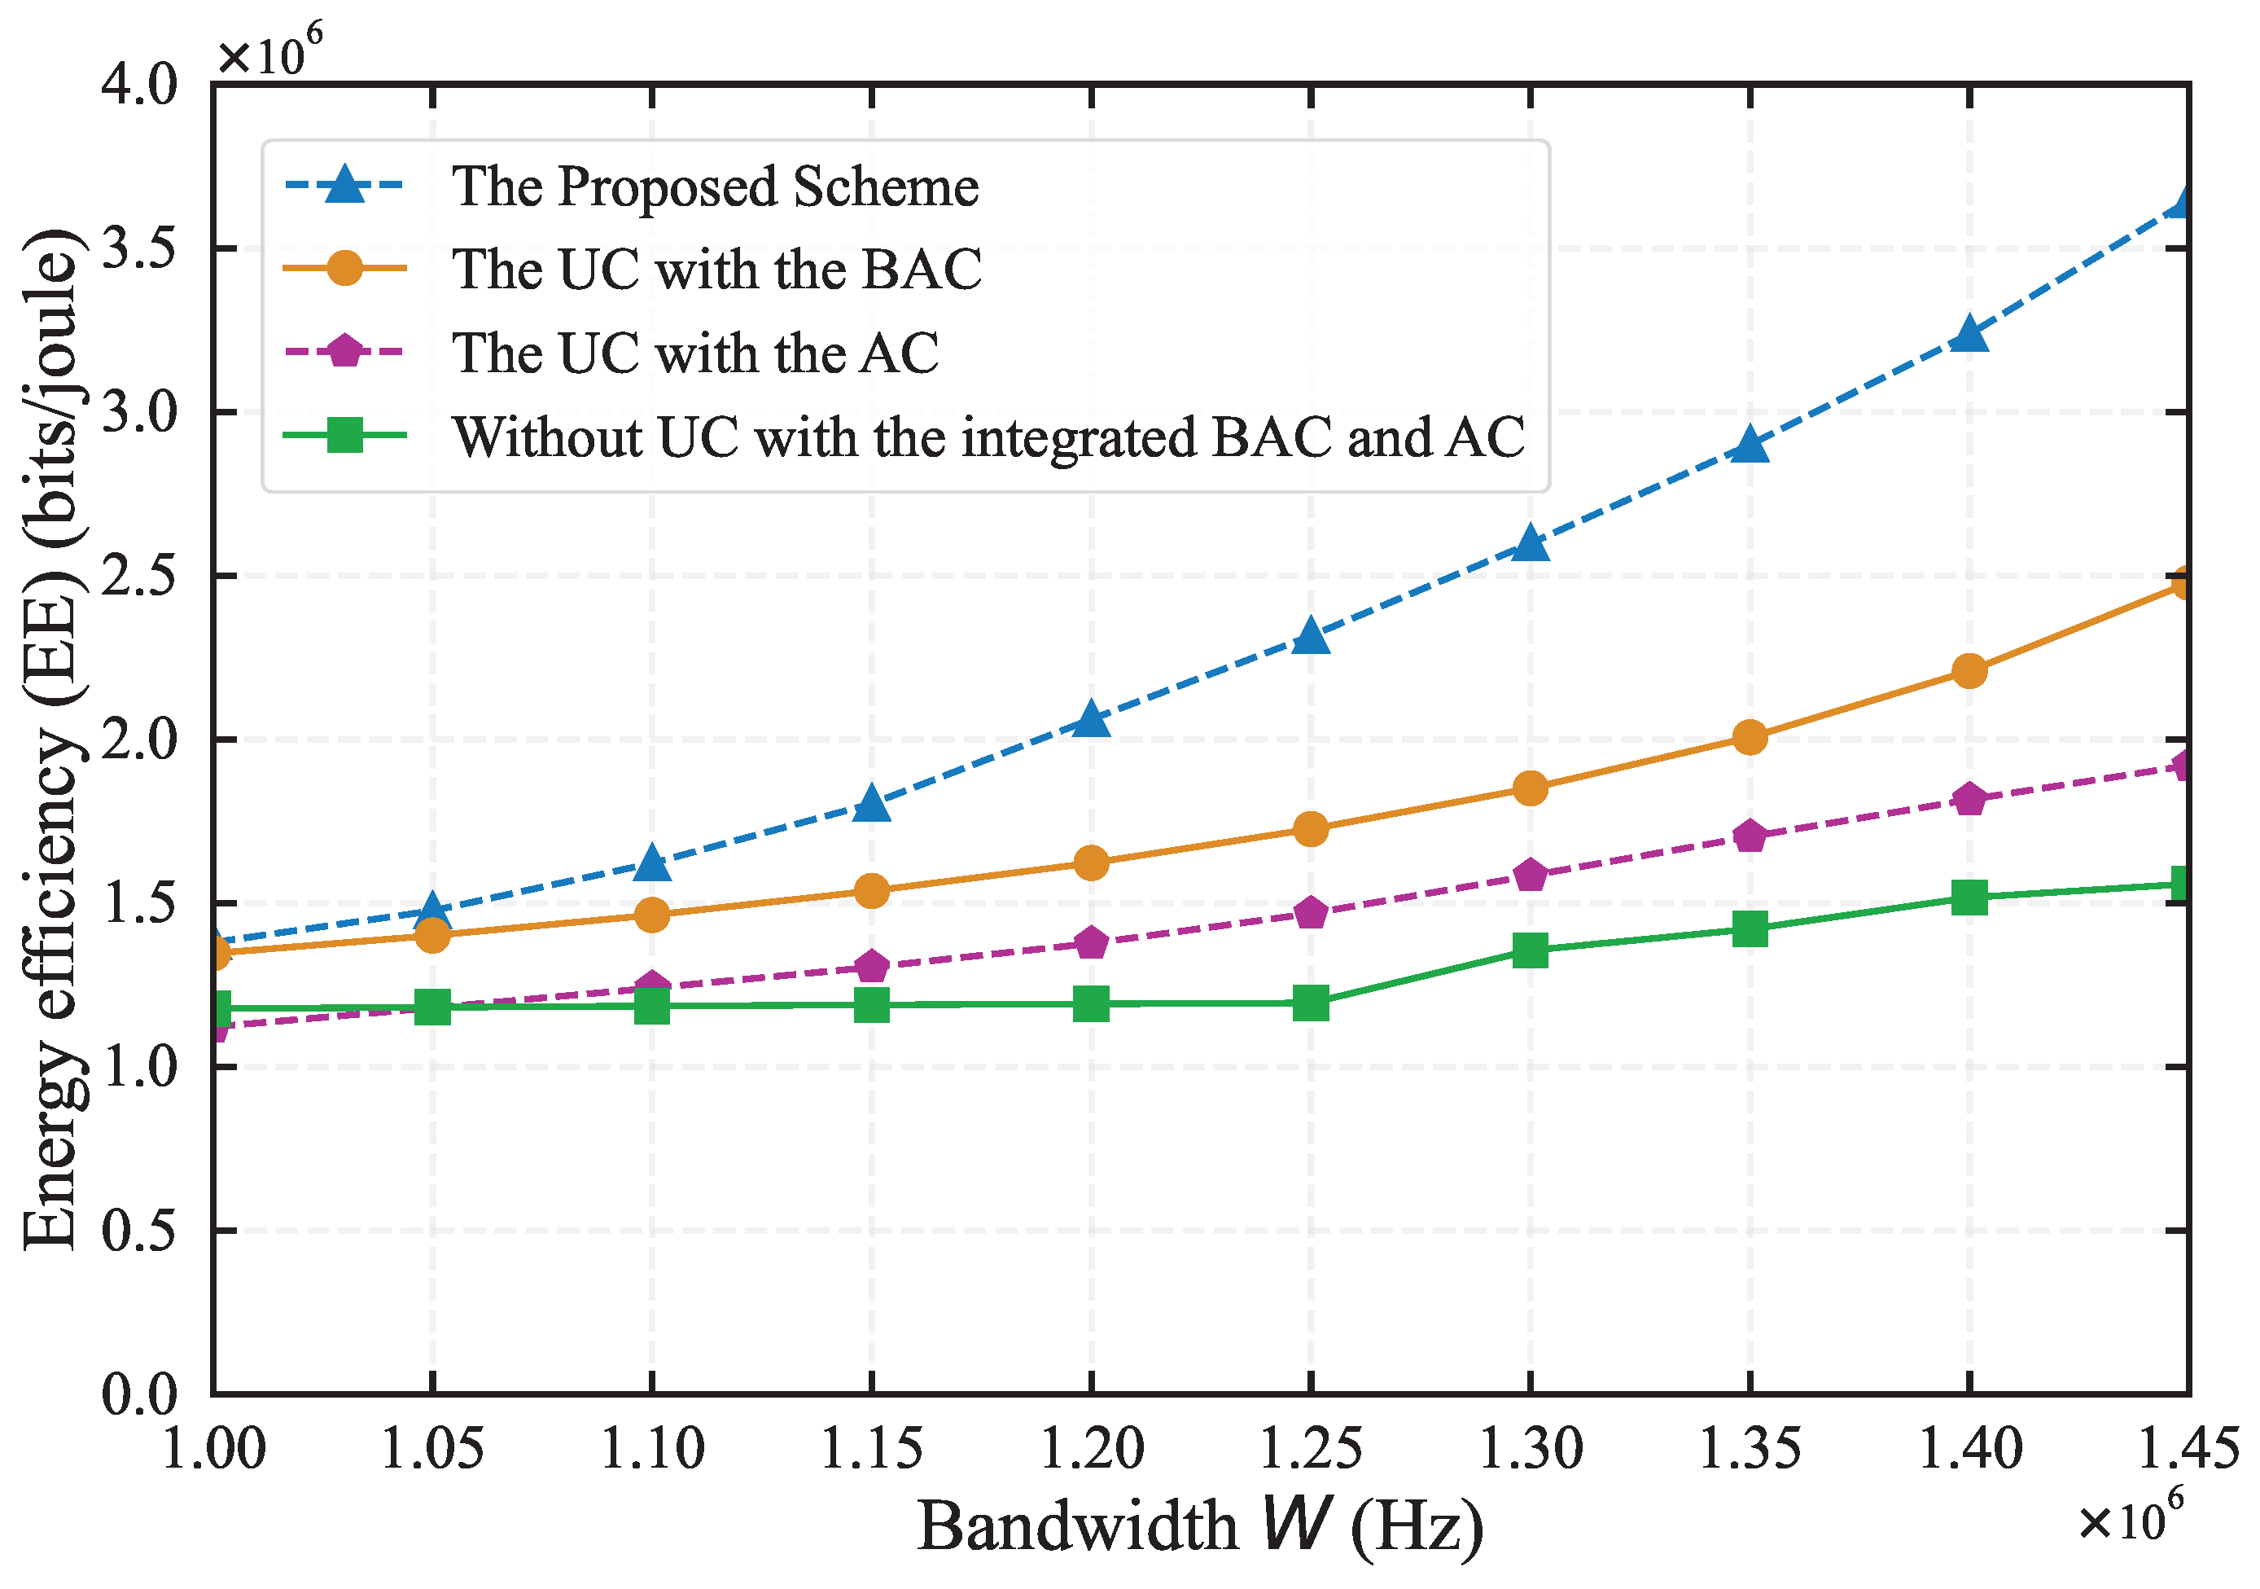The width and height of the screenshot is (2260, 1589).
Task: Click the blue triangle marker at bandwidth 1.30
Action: pyautogui.click(x=1530, y=542)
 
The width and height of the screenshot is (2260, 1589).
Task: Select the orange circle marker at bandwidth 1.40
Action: pyautogui.click(x=1969, y=671)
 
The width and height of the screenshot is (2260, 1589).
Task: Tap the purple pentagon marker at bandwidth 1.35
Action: pyautogui.click(x=1749, y=836)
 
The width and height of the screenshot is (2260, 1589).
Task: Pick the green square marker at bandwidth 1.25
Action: pyautogui.click(x=1310, y=1003)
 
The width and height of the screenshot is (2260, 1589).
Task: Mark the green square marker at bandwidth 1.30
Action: pyautogui.click(x=1530, y=950)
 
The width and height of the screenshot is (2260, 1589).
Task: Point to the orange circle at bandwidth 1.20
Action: pyautogui.click(x=1091, y=863)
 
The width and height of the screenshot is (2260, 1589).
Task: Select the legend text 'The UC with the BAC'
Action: pyautogui.click(x=716, y=269)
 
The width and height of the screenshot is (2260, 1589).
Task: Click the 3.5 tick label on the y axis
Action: pyautogui.click(x=138, y=249)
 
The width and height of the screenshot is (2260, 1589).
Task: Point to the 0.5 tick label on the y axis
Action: pyautogui.click(x=138, y=1231)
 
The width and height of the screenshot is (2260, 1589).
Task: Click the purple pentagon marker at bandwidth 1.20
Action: pyautogui.click(x=1091, y=943)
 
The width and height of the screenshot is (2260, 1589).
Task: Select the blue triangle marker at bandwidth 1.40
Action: pyautogui.click(x=1969, y=335)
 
